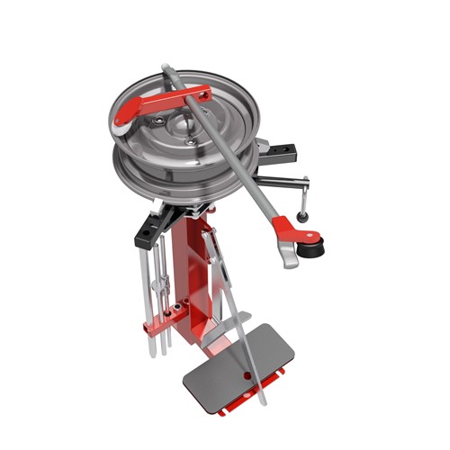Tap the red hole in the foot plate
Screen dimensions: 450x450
pos(246,372)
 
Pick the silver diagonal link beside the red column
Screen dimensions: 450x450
pos(213,261)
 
